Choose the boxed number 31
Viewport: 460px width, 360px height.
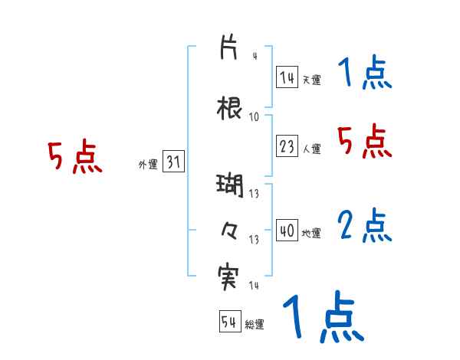tap(173, 162)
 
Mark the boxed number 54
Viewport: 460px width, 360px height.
tap(230, 322)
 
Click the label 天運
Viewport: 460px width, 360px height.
tap(311, 79)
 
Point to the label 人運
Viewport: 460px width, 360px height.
tap(311, 149)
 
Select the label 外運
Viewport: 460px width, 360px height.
tap(148, 163)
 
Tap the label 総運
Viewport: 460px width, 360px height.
tap(255, 324)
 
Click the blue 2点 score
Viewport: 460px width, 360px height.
tap(365, 226)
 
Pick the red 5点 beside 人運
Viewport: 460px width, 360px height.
tap(365, 142)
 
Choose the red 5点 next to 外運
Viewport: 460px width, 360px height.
tap(74, 157)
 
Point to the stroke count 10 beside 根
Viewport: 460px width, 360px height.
tap(255, 116)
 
